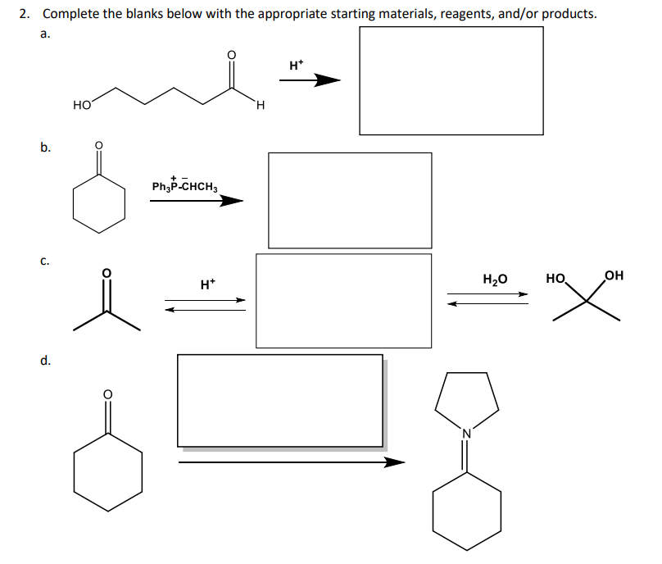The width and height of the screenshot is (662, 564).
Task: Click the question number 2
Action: pos(24,14)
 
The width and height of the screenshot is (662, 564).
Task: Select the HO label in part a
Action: pos(82,105)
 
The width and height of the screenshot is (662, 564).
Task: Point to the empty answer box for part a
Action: pos(451,80)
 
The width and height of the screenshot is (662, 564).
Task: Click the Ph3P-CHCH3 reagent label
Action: pos(184,186)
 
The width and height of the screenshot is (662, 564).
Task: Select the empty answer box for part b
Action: pos(350,200)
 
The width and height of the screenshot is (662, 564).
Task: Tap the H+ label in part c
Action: pos(207,284)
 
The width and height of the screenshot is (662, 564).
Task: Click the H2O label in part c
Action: pos(496,279)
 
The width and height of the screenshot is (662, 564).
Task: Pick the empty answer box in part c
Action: pos(343,300)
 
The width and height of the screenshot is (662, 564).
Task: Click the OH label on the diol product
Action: pos(613,276)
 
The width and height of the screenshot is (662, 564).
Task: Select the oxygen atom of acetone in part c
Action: pos(105,273)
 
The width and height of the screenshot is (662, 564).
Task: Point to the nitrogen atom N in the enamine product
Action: pos(467,434)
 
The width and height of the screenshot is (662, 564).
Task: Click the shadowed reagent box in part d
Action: pos(280,400)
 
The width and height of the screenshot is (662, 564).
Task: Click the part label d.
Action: pos(46,359)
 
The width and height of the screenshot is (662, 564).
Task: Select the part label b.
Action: pos(46,148)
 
